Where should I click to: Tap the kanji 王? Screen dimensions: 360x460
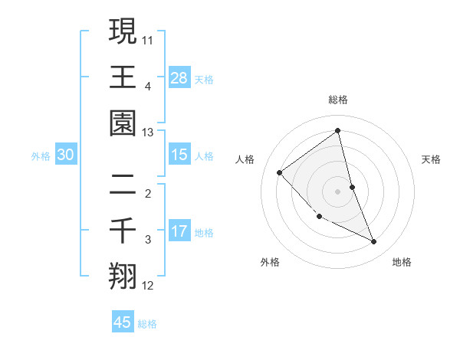click(x=123, y=77)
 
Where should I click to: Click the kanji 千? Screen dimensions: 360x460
click(x=123, y=230)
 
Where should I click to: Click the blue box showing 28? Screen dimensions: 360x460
click(x=179, y=77)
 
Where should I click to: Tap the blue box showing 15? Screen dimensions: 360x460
click(x=179, y=155)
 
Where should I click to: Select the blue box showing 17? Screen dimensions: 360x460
click(x=179, y=231)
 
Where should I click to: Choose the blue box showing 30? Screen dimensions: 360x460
click(x=65, y=155)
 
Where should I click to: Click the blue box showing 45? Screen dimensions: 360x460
click(x=123, y=322)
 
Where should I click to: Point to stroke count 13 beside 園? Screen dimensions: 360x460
click(x=148, y=133)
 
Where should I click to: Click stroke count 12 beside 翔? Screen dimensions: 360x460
click(x=148, y=286)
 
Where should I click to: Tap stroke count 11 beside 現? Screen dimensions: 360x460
click(x=148, y=38)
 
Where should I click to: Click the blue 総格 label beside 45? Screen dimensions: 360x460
click(x=147, y=324)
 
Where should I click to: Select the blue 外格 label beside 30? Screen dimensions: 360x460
click(x=41, y=156)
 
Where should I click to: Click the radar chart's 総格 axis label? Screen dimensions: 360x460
click(x=337, y=100)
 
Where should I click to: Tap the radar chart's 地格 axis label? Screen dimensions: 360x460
click(x=402, y=262)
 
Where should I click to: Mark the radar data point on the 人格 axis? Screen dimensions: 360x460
click(x=280, y=172)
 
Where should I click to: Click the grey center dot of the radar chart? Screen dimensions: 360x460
click(x=337, y=191)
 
